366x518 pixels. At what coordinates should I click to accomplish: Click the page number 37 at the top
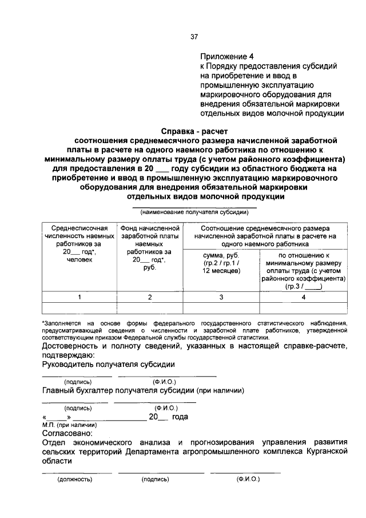pos(194,37)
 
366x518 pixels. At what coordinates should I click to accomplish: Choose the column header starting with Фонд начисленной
pos(150,248)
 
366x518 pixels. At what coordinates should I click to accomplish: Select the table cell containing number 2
pos(150,296)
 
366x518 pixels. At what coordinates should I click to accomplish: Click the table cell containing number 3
pos(221,296)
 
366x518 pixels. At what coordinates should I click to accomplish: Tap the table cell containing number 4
pos(304,296)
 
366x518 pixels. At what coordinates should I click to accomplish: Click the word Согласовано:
pos(64,434)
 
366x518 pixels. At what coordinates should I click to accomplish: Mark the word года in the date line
pos(180,417)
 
